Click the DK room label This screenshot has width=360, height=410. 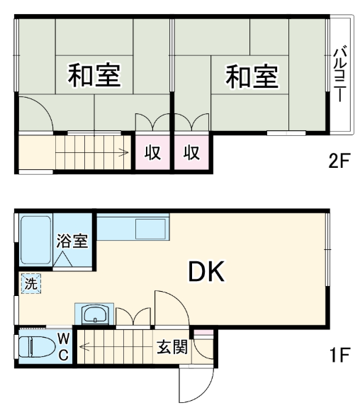(x=206, y=272)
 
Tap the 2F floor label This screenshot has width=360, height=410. (x=339, y=161)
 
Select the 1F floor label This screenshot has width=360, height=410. (x=340, y=355)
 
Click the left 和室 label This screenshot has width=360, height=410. (x=94, y=76)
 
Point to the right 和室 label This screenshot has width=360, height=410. (x=252, y=76)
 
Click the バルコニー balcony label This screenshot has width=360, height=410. (x=340, y=74)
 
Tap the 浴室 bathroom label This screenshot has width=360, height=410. (x=72, y=241)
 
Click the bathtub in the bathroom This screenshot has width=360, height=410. (x=35, y=240)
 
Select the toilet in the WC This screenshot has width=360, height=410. (x=38, y=347)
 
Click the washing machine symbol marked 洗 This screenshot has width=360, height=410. (x=31, y=283)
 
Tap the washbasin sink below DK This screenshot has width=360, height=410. (x=94, y=314)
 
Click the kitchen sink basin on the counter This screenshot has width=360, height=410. (x=150, y=229)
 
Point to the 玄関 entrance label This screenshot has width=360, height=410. (x=172, y=347)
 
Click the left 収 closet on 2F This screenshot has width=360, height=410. (x=153, y=152)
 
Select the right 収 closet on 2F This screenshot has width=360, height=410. (x=191, y=152)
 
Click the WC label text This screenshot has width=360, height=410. (x=63, y=347)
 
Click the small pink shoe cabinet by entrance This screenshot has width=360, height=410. (x=203, y=332)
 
